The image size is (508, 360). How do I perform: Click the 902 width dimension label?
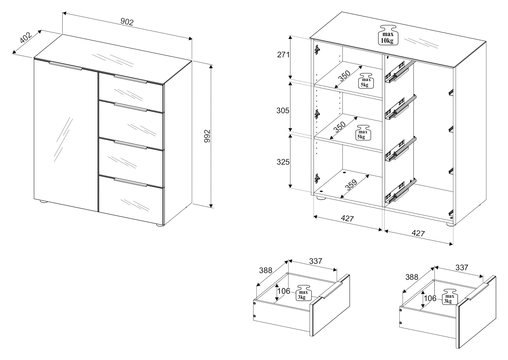click(x=127, y=22)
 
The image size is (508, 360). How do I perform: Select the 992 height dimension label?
click(x=207, y=136)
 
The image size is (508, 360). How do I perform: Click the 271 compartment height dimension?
click(x=283, y=55)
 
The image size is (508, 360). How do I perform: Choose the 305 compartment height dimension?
click(x=283, y=111)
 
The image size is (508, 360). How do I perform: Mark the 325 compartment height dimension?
click(x=283, y=162)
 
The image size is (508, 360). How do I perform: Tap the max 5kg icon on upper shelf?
click(x=366, y=81)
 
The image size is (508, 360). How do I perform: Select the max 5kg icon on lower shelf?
click(x=363, y=132)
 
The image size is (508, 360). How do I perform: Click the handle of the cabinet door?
click(x=65, y=66)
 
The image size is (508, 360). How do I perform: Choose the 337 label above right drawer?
click(x=462, y=267)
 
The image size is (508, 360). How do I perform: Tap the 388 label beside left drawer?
click(x=265, y=270)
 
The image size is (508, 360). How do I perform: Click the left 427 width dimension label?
click(x=347, y=219)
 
